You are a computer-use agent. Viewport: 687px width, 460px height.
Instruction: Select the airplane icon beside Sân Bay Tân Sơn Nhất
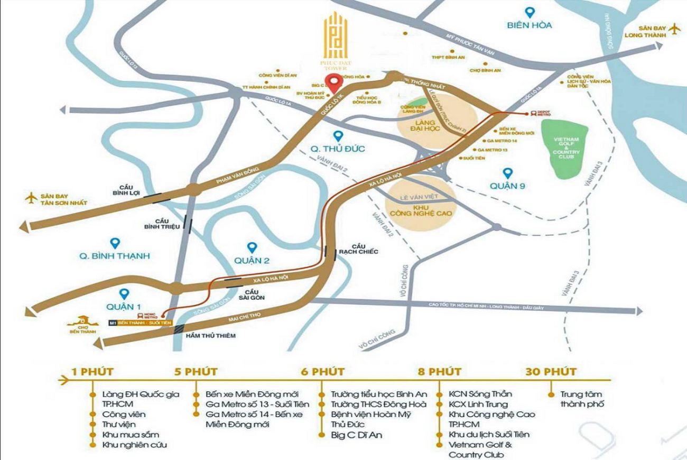31,198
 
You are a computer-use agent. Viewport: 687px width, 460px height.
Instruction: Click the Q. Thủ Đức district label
338,149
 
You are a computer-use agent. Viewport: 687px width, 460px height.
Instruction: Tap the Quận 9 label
508,186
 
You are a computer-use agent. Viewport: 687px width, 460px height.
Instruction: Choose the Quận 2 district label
252,260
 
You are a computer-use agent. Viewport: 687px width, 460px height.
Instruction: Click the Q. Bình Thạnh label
115,255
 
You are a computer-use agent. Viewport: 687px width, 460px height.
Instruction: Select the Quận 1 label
124,306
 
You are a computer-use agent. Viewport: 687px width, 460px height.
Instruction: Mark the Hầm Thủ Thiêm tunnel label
210,335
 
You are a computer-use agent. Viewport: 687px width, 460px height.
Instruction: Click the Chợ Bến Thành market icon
82,323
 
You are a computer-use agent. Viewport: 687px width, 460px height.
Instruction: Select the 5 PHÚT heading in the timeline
196,371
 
